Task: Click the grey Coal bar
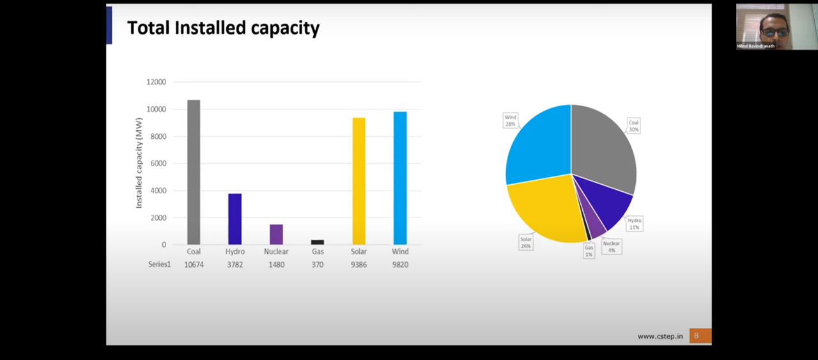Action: (194, 172)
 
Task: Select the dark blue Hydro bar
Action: (235, 219)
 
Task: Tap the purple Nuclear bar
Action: (276, 234)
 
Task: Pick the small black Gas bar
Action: (318, 242)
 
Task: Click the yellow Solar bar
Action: (359, 181)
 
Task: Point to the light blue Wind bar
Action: (400, 178)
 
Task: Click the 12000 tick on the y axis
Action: (155, 82)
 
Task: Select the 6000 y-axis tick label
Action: (158, 163)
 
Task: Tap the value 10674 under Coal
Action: (194, 265)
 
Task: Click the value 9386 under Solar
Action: (359, 265)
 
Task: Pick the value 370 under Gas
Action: (318, 265)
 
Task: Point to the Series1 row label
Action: (160, 265)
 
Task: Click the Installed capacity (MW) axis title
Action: (139, 162)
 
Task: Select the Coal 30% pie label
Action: (633, 125)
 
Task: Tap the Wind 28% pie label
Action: (510, 121)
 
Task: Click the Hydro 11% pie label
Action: (634, 224)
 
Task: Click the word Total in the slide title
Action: (148, 28)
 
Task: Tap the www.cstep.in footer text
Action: (660, 336)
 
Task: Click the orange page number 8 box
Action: (699, 336)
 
